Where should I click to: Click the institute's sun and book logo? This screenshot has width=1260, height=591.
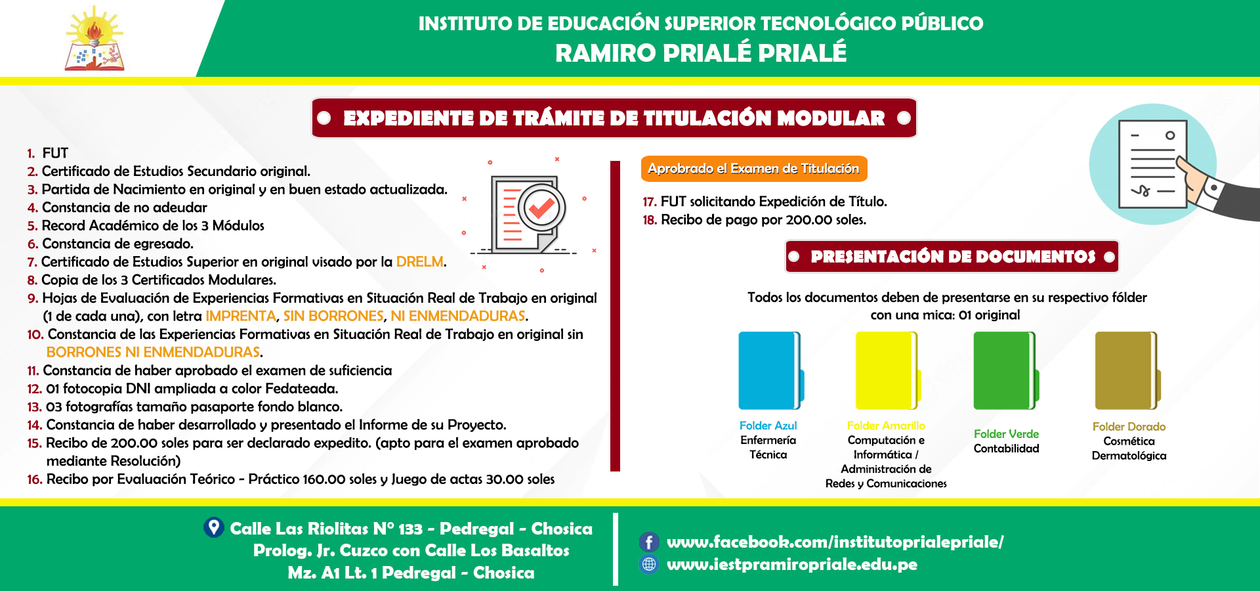(x=94, y=39)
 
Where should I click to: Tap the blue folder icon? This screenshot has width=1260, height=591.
(x=771, y=371)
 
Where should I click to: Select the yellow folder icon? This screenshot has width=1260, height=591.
(x=888, y=371)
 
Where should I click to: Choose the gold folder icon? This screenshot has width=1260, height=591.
(x=1127, y=371)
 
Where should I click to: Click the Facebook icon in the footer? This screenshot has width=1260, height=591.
(x=649, y=542)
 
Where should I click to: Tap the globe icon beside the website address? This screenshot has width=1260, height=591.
(x=649, y=564)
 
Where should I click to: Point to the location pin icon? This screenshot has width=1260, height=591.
(x=214, y=527)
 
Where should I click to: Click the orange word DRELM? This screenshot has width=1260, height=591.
(x=420, y=261)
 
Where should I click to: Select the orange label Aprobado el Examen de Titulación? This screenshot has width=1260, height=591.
(x=753, y=169)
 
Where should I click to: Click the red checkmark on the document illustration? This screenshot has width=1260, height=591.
(x=541, y=208)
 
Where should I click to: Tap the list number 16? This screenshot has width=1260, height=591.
(x=35, y=479)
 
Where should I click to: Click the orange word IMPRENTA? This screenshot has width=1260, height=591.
(x=241, y=316)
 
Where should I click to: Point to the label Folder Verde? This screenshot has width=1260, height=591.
(x=1006, y=434)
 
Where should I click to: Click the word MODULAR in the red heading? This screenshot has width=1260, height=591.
(x=831, y=118)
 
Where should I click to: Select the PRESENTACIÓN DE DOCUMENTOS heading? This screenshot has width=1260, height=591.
(x=953, y=256)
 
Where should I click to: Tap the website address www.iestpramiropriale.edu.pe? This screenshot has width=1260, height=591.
(x=792, y=564)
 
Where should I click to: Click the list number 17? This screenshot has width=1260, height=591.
(x=650, y=202)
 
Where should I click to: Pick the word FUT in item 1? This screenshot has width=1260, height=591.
(x=55, y=153)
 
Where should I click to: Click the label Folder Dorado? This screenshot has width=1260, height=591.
(x=1129, y=427)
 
